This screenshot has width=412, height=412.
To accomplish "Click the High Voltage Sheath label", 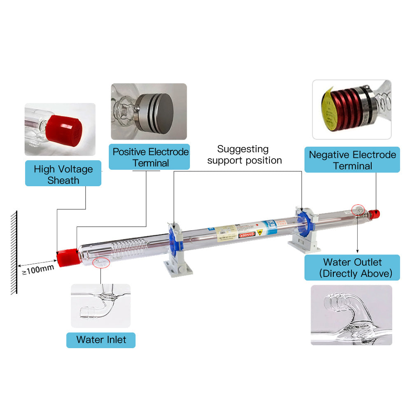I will point(63,174).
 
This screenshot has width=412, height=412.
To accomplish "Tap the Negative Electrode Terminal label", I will point(352,160).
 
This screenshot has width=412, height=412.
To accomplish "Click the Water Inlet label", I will point(101,340).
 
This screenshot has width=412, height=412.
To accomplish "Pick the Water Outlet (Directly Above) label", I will point(352,268).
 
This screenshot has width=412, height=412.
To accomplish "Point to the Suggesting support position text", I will point(244,154).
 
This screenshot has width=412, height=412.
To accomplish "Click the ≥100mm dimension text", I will point(38,268).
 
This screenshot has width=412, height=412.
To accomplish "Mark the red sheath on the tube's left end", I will point(66,257).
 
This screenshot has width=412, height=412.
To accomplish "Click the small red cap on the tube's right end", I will point(375,214).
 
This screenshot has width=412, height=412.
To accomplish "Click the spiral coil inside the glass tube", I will point(128,249).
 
